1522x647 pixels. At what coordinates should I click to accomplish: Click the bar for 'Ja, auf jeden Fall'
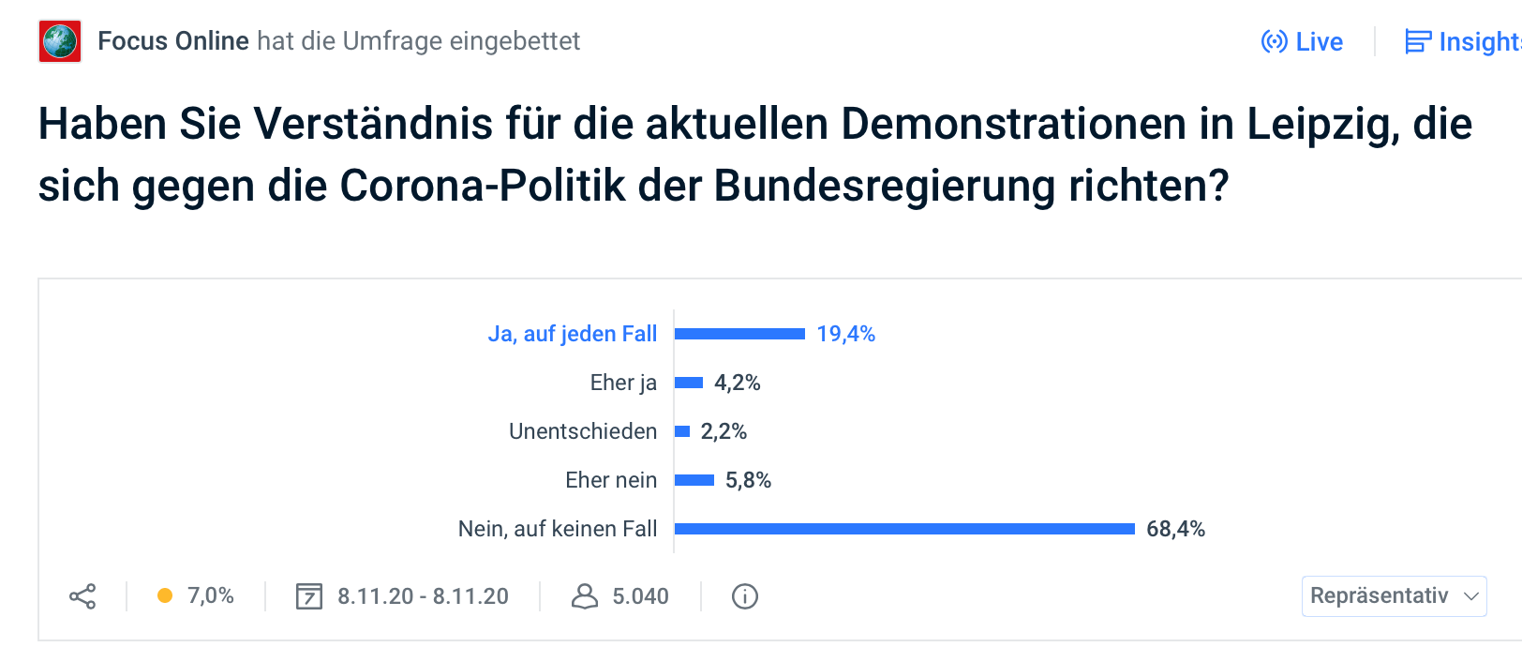tap(739, 334)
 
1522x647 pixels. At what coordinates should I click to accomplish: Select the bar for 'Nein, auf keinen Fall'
tap(904, 529)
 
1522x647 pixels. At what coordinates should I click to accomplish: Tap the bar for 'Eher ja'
tap(689, 383)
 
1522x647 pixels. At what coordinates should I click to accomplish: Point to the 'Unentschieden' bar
tap(682, 431)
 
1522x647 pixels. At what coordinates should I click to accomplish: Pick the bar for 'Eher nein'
tap(694, 480)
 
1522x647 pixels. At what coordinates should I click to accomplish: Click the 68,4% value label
tap(1175, 529)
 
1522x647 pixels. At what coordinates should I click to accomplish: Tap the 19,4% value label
tap(845, 334)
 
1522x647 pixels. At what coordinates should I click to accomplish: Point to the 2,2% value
tap(724, 431)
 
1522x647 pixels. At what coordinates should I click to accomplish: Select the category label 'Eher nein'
tap(611, 480)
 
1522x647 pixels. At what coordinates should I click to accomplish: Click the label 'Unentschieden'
tap(583, 431)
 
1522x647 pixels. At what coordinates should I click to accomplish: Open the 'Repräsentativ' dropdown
tap(1394, 596)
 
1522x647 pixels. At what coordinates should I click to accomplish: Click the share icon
tap(82, 596)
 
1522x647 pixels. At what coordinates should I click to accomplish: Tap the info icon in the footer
tap(745, 596)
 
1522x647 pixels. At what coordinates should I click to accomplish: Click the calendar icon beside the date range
tap(309, 596)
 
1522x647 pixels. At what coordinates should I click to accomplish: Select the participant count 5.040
tap(640, 596)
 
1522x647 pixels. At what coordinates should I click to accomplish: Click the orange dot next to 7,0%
tap(165, 595)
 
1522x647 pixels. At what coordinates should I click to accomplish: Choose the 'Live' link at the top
tap(1303, 42)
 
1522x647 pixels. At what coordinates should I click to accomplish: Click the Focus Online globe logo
tap(60, 41)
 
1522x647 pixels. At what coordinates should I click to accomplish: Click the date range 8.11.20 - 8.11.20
tap(423, 596)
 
